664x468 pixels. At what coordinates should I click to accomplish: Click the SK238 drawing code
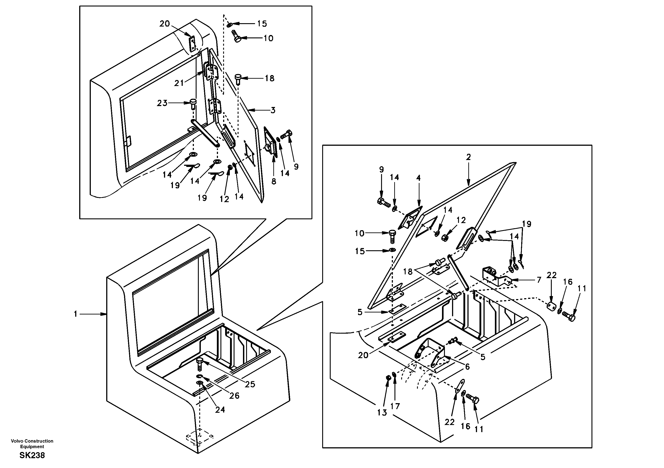tap(32, 456)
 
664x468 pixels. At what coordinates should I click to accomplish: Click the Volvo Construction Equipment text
tap(32, 443)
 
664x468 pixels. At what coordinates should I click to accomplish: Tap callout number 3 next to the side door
tap(273, 110)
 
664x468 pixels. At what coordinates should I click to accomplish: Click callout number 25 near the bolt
tap(250, 384)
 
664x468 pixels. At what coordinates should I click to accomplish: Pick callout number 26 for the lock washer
tap(234, 396)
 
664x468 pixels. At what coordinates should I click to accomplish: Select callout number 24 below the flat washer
tap(220, 410)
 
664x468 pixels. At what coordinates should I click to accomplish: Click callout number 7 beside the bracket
tap(539, 280)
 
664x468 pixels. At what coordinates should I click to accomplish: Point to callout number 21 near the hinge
tap(179, 83)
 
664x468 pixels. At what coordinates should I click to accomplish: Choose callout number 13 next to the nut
tap(382, 413)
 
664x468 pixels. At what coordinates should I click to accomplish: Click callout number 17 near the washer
tap(395, 406)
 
